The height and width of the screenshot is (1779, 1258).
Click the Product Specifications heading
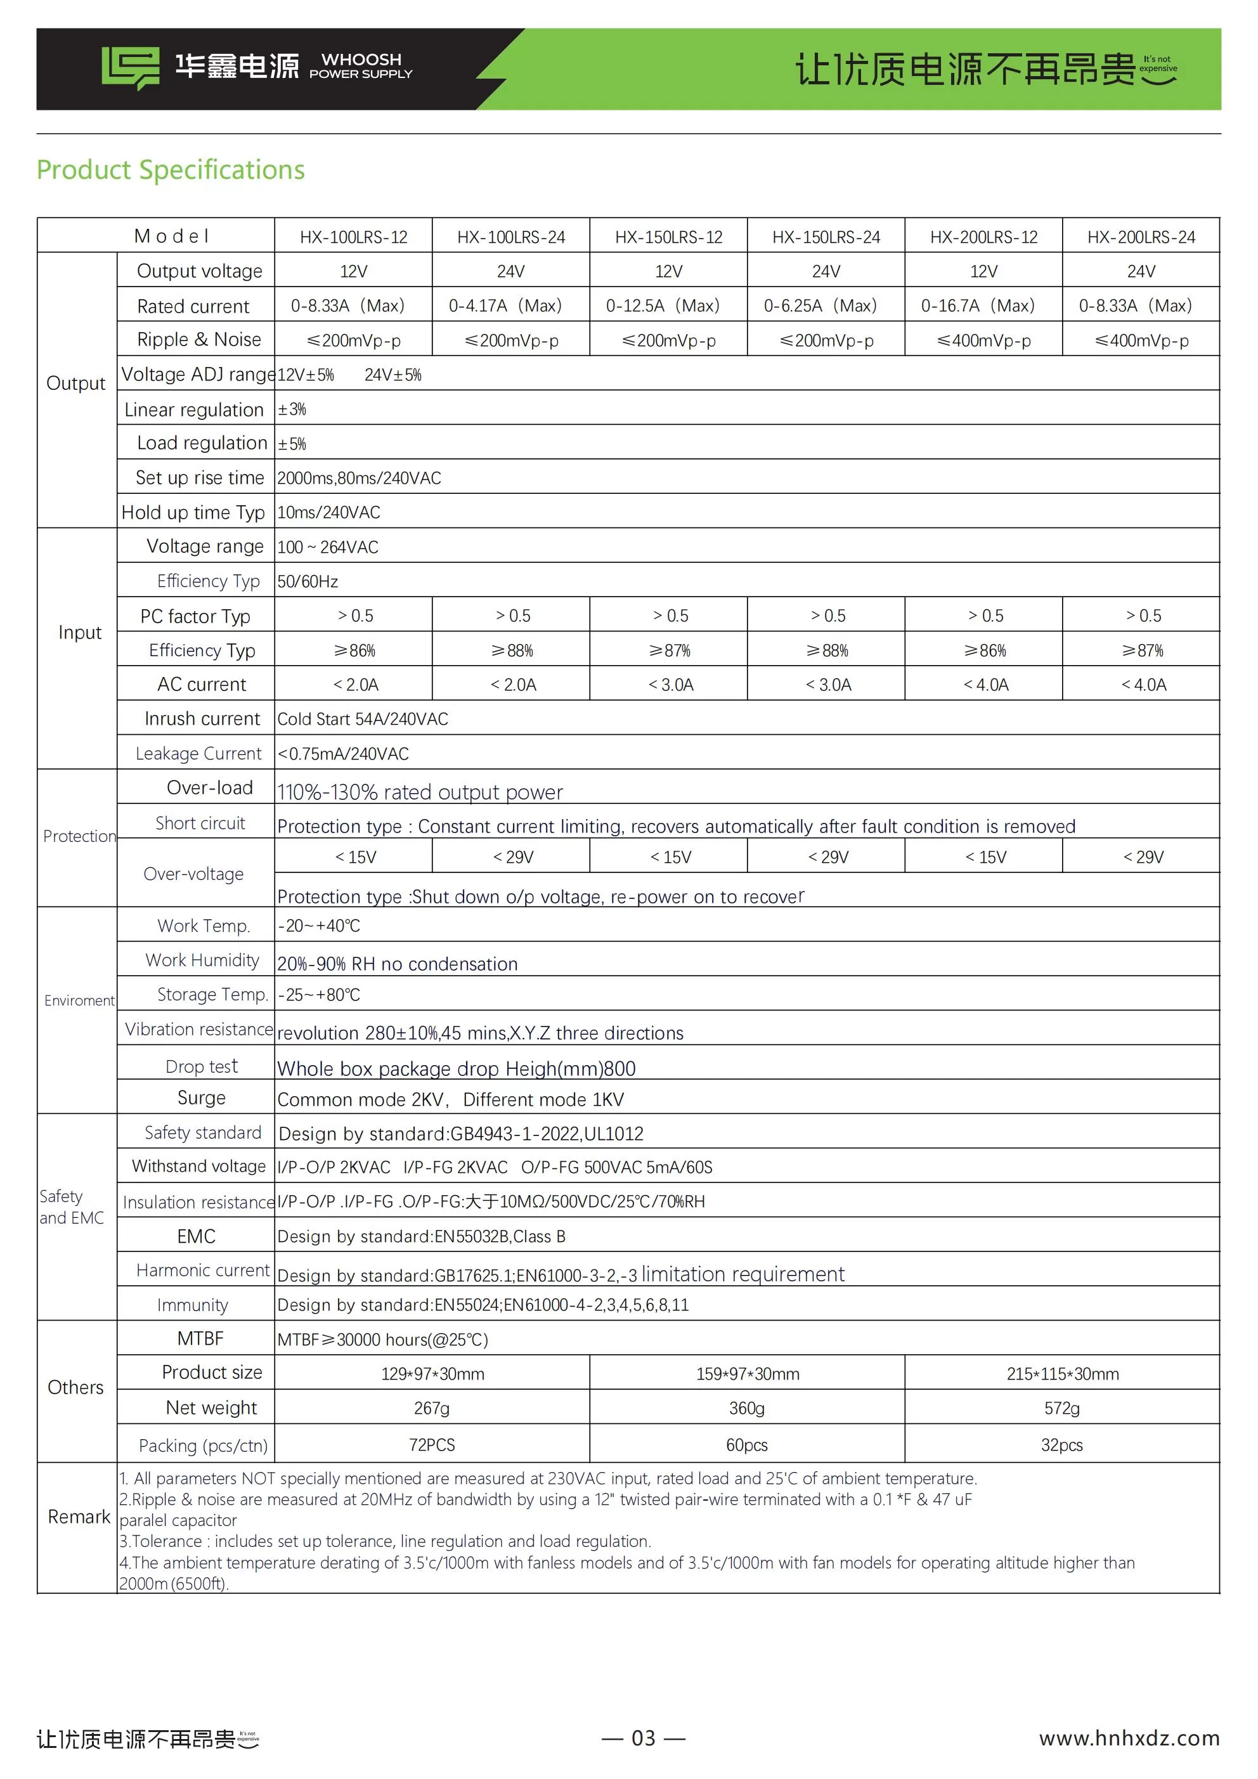(x=171, y=170)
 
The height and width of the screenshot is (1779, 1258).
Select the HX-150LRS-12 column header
(x=668, y=237)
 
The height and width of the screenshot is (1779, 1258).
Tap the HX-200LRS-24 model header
(x=1140, y=237)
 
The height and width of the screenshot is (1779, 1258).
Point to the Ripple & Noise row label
(x=198, y=339)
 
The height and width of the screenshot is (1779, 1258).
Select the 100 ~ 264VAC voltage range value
(x=328, y=547)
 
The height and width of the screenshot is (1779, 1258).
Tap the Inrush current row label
(x=202, y=719)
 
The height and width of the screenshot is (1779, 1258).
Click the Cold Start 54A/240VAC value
(x=363, y=719)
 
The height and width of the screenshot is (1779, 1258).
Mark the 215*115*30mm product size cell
(x=1062, y=1374)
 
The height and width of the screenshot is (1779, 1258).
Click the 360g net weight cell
(x=746, y=1408)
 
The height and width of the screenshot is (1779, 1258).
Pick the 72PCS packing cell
(x=432, y=1445)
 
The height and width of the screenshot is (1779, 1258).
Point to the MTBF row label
(x=200, y=1338)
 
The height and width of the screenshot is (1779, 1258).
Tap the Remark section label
(x=79, y=1517)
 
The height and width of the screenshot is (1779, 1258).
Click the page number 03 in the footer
(x=644, y=1738)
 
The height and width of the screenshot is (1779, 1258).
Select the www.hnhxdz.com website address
(x=1129, y=1738)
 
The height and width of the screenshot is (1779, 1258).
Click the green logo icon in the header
(x=130, y=67)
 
